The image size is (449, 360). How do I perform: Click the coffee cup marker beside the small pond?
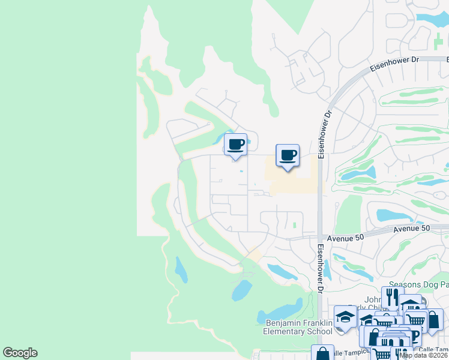[235, 145]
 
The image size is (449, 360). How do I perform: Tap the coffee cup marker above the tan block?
[287, 155]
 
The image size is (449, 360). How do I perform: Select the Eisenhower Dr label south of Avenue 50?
[321, 268]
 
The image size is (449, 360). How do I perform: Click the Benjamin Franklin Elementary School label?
[298, 327]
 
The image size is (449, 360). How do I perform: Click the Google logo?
[20, 353]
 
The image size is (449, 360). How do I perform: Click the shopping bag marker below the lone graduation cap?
[322, 354]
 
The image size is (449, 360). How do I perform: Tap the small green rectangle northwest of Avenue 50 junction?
[295, 226]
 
